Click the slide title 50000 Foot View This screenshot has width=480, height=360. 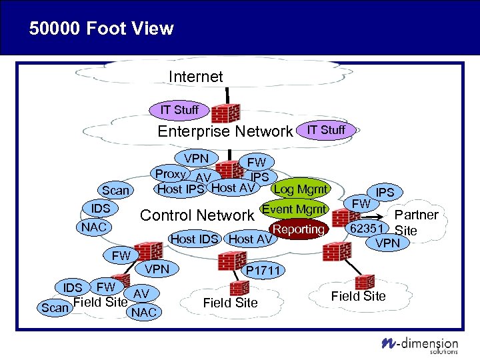click(x=101, y=29)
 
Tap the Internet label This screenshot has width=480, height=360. click(x=196, y=77)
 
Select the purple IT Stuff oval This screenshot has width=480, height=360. click(x=179, y=109)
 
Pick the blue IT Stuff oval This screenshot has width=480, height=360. click(x=326, y=130)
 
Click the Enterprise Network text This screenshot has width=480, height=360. click(x=225, y=131)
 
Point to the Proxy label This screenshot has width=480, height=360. click(x=170, y=173)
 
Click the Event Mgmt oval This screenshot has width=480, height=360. click(x=294, y=210)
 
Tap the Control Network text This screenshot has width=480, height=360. click(x=197, y=215)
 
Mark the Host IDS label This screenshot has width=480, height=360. click(x=194, y=239)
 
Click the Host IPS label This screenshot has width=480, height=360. click(x=180, y=189)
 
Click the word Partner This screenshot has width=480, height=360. click(x=417, y=215)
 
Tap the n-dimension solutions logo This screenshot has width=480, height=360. click(x=420, y=344)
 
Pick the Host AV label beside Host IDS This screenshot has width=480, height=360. click(x=250, y=239)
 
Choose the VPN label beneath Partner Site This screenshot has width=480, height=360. click(x=387, y=243)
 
